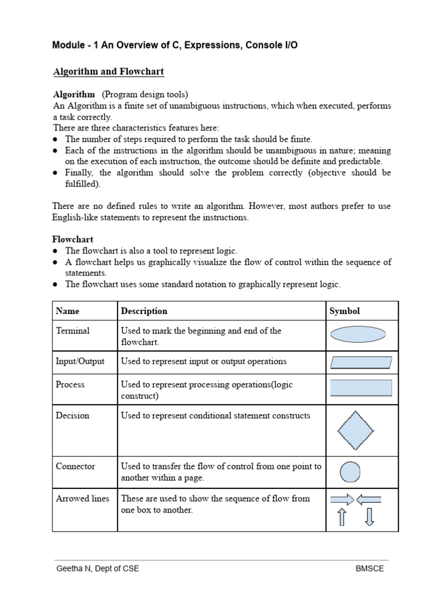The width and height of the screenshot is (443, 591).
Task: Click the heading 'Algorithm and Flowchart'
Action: click(108, 72)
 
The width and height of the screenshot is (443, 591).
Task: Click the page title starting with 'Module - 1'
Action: click(175, 45)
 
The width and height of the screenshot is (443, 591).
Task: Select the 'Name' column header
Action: click(67, 311)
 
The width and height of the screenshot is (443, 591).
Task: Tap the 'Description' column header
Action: click(144, 311)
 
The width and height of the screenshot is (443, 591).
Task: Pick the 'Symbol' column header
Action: click(344, 311)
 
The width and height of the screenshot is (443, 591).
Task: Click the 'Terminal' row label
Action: click(73, 331)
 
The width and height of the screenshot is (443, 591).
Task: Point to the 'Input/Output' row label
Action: click(80, 361)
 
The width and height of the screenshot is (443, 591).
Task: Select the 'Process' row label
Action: click(70, 384)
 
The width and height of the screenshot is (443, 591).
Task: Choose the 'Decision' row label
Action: click(72, 416)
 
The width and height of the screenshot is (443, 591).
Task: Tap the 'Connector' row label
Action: click(76, 466)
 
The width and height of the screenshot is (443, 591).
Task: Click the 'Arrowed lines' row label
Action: click(82, 499)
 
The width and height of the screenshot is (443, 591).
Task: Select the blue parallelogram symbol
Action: click(361, 362)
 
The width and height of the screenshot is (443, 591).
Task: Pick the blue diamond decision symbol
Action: click(355, 430)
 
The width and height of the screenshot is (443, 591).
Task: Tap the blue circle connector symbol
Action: click(350, 472)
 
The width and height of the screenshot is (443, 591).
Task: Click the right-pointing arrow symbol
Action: click(341, 499)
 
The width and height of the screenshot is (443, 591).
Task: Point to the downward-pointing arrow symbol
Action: click(370, 517)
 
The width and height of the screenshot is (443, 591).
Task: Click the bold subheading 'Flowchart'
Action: click(73, 239)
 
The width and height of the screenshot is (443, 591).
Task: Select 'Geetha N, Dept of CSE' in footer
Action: click(97, 568)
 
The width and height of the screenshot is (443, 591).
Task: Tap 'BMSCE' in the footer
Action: click(370, 568)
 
